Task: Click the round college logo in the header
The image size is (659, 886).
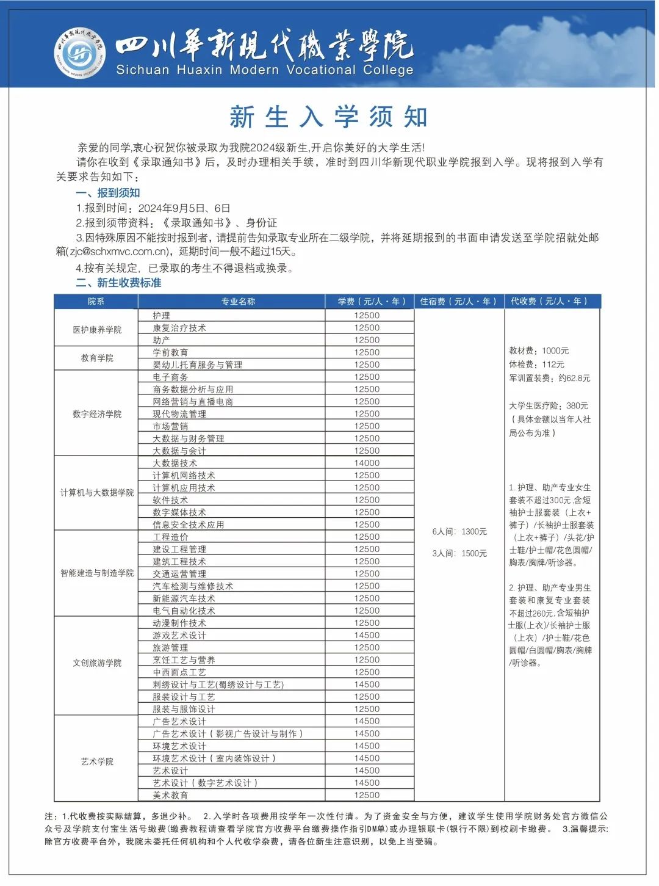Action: coord(80,53)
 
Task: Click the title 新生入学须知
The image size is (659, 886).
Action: coord(329,117)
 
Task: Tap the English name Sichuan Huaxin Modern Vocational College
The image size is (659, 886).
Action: coord(265,70)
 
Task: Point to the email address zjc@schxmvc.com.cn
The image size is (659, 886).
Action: coord(118,252)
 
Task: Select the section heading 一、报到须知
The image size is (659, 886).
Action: coord(108,193)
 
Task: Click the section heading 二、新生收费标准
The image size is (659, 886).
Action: coord(118,283)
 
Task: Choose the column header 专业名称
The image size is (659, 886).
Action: coord(238,302)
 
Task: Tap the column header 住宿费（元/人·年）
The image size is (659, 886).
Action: coord(458,302)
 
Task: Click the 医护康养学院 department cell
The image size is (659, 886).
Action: coord(97,330)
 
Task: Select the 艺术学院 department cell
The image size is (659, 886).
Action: coord(97,761)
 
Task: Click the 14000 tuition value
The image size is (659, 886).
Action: coord(367,463)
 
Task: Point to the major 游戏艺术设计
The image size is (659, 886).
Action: coord(179,636)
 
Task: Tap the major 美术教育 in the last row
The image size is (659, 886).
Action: coord(170,795)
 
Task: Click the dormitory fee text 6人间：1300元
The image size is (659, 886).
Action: coord(459,532)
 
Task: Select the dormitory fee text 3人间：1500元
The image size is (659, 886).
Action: coord(459,553)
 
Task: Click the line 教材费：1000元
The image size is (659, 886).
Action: coord(539,350)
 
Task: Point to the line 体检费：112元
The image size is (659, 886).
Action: coord(537,365)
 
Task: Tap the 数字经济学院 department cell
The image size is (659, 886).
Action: coord(97,414)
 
